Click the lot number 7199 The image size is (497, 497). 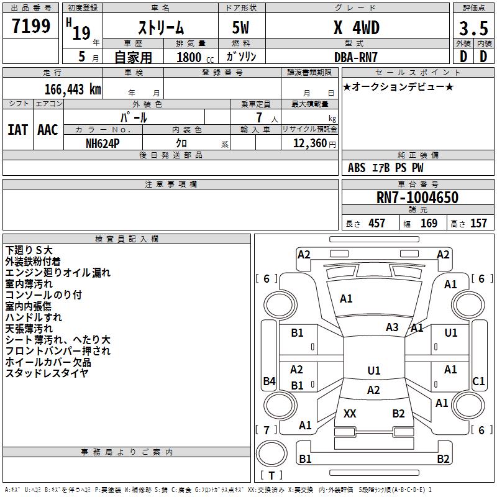point(31,26)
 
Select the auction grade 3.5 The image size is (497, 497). point(473,28)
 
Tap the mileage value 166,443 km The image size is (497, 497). point(73,89)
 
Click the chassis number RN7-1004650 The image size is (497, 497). point(417,197)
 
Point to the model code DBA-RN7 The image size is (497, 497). point(356,57)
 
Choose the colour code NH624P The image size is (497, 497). point(103,144)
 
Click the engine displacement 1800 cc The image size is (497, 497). point(195,57)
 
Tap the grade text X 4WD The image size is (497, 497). point(357,28)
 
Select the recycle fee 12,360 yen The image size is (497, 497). point(314,144)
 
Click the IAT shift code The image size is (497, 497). point(18,130)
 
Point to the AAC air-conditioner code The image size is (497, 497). point(48,130)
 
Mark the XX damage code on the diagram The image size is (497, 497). point(350,413)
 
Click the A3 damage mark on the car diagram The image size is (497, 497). point(392,327)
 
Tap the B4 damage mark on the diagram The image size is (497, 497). point(270,381)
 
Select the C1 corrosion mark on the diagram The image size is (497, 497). point(478,381)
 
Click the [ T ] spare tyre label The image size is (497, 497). point(271,475)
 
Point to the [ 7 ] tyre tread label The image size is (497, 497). point(267,430)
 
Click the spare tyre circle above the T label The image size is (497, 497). point(271,454)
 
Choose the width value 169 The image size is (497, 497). point(429,224)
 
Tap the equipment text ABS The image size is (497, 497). point(357,168)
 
